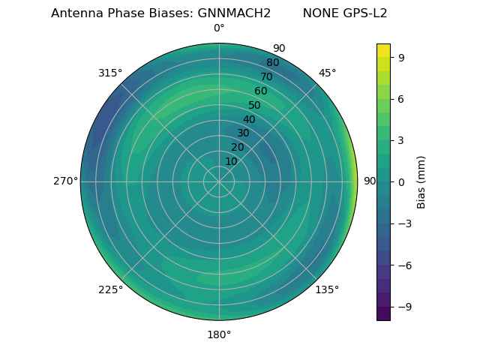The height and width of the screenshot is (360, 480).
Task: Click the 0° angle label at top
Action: [x=219, y=28]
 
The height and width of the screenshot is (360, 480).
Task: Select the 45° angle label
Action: [x=327, y=73]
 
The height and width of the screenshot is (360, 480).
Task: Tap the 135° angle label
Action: [x=327, y=289]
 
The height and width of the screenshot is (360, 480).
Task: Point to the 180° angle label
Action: [x=219, y=334]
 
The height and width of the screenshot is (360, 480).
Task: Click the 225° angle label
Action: [x=110, y=289]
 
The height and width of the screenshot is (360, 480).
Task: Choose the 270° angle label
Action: [x=65, y=181]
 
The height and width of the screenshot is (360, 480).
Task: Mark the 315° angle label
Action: [x=110, y=73]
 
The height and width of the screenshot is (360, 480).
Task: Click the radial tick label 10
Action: [x=231, y=161]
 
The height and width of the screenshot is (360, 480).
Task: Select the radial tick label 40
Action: [x=249, y=119]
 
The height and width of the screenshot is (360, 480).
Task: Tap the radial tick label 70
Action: [x=266, y=76]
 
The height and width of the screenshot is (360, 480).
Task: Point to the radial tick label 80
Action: [x=272, y=62]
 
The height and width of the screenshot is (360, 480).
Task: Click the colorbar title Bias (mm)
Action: [x=421, y=181]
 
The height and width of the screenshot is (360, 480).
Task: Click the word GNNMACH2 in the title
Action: [x=234, y=13]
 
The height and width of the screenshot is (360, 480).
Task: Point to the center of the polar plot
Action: [x=219, y=181]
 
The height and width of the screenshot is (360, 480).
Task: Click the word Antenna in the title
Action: [x=76, y=13]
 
